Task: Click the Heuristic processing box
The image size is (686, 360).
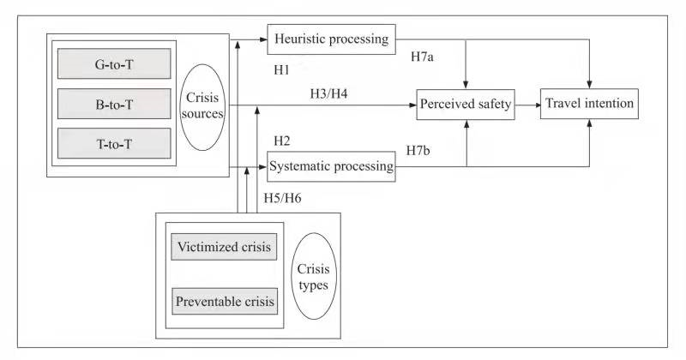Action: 331,39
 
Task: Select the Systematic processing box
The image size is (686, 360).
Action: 331,165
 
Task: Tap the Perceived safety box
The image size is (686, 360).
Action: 465,105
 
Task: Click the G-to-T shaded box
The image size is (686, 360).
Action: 114,63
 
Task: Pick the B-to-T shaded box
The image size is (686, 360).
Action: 114,103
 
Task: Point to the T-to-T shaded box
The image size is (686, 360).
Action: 114,142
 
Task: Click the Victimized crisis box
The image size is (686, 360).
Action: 225,248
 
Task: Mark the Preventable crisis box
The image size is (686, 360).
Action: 225,302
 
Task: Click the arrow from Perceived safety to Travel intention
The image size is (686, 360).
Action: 527,105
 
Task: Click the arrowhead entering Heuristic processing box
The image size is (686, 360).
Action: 263,39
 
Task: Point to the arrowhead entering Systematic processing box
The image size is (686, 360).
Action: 263,165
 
